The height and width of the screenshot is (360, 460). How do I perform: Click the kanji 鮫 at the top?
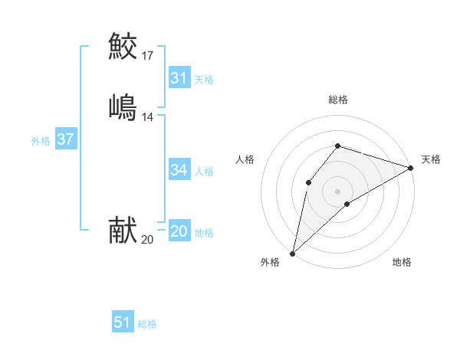[123, 46]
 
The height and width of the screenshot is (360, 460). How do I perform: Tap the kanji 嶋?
[123, 106]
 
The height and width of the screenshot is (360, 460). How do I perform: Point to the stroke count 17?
[148, 55]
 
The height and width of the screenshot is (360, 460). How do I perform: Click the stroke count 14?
[148, 116]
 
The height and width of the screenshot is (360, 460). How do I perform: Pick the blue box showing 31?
[179, 78]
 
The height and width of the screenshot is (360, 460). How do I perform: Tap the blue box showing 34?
[179, 170]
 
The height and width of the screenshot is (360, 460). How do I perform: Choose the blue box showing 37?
[65, 140]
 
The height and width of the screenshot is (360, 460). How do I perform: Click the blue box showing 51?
[122, 322]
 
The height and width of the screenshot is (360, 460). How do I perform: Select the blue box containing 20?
[179, 231]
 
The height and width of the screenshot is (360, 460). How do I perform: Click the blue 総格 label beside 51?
[147, 325]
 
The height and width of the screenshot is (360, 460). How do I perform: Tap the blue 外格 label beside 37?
[41, 141]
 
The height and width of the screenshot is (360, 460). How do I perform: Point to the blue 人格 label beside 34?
[204, 172]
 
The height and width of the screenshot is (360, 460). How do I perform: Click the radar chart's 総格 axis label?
[337, 100]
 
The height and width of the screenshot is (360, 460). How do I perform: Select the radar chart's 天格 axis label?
[431, 159]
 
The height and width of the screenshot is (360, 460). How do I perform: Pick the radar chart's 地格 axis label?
[402, 262]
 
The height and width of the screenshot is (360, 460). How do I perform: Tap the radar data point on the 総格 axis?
[337, 146]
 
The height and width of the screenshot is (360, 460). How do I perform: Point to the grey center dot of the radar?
[337, 191]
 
